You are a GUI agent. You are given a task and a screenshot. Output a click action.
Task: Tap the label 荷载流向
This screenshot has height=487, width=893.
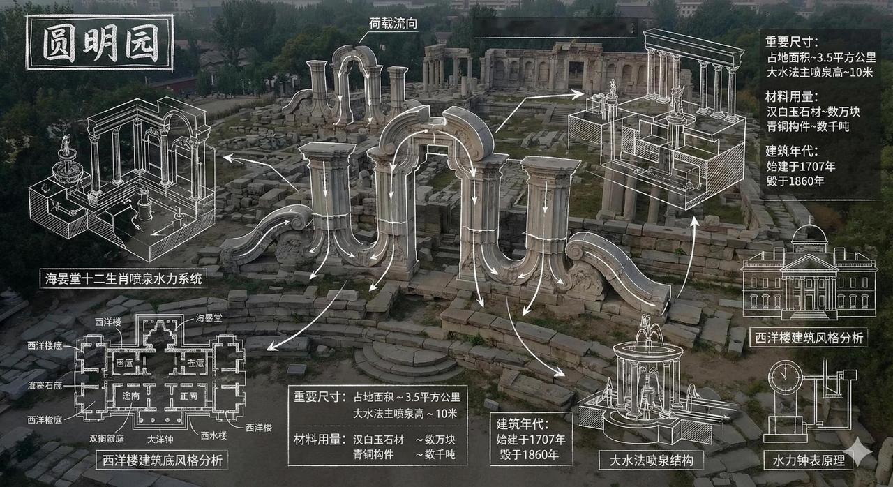393,23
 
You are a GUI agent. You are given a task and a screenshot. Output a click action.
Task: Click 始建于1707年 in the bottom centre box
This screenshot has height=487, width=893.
531,440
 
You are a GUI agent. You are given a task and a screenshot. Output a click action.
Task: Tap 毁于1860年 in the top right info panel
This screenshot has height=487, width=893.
795,181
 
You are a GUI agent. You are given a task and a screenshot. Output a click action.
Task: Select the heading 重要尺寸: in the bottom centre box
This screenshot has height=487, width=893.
319,397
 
